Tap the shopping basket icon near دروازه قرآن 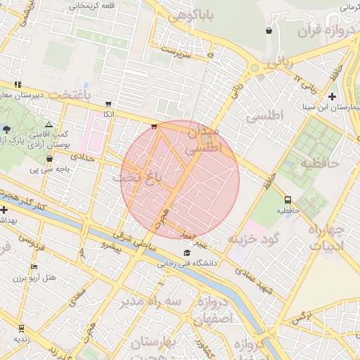click(269, 31)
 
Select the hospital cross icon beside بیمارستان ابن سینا click(332, 96)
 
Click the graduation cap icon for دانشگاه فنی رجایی click(187, 252)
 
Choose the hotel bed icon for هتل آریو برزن click(34, 267)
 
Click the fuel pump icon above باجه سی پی click(49, 158)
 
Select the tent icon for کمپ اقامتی click(49, 124)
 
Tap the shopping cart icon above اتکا click(108, 103)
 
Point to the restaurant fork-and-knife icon click(18, 84)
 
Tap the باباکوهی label click(181, 14)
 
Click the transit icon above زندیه click(20, 328)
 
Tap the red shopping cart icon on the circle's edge click(154, 127)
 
